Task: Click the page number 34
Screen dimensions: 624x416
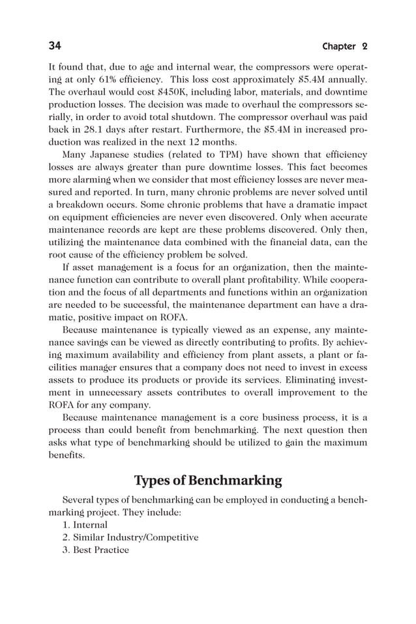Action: [55, 46]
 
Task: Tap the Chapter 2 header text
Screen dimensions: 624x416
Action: [345, 46]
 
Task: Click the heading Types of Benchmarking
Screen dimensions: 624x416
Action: [208, 481]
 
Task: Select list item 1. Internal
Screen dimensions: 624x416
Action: [85, 525]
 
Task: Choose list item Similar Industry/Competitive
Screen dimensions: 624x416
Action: [130, 537]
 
